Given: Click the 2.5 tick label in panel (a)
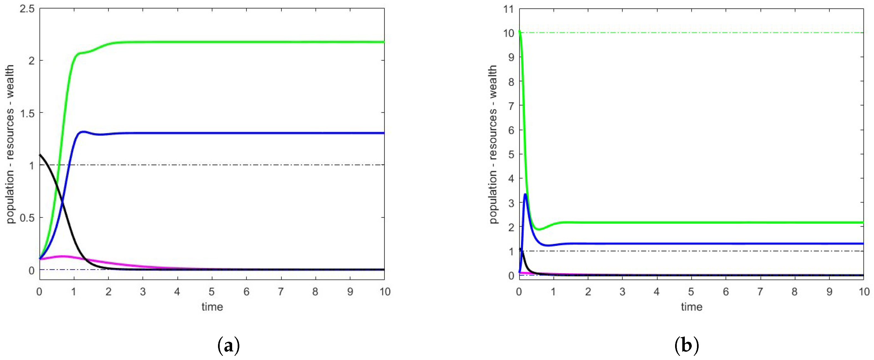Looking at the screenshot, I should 27,9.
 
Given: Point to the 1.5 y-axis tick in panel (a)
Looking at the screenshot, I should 27,113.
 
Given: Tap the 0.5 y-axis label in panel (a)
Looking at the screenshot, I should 27,217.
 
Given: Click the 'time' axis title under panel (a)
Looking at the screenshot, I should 212,307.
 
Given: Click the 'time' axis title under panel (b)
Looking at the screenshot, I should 691,307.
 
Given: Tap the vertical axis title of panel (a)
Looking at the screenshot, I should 10,144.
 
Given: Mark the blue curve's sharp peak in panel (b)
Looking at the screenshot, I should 525,195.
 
